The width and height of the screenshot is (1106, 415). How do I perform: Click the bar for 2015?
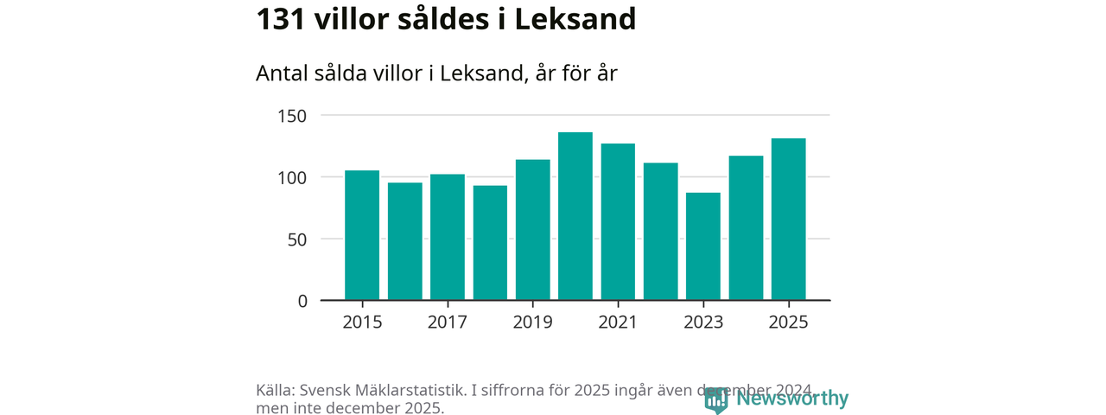pos(362,235)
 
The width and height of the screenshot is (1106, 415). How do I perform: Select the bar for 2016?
pos(404,241)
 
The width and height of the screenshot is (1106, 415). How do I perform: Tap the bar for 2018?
pos(490,243)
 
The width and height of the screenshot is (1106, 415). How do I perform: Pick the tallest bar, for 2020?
pos(575,216)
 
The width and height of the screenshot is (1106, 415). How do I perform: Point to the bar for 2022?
pos(660,232)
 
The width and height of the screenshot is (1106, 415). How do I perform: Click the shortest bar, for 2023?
pos(703,246)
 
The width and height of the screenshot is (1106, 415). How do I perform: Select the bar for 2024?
pos(746,228)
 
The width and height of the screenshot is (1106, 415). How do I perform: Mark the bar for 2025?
pos(788,220)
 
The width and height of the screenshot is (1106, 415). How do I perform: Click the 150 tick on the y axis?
pos(292,116)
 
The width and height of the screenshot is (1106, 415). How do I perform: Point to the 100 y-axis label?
pos(292,177)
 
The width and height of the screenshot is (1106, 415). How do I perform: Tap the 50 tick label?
pos(296,239)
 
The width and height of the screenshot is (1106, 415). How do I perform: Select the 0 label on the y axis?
pos(302,301)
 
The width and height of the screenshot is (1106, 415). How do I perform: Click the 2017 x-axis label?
pos(447,322)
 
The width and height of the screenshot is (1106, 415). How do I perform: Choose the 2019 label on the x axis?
pos(532,322)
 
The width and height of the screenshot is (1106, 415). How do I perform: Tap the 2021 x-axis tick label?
pos(618,322)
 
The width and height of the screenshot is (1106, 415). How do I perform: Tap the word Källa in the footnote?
pos(276,390)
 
